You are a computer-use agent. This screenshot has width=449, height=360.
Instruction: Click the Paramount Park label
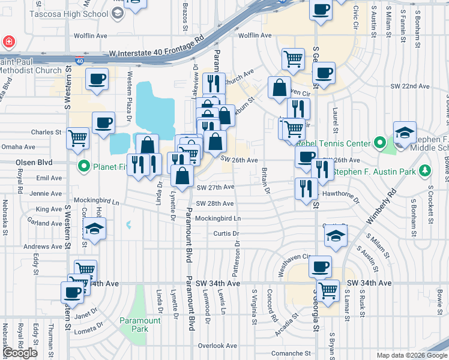coord(140,325)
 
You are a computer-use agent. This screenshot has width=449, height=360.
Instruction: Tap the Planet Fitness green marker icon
coord(84,166)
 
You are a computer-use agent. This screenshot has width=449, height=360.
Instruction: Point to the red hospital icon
coord(9,42)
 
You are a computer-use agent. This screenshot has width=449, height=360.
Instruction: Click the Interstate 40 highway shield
coord(80,61)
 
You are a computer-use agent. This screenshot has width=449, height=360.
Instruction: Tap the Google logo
coord(20,353)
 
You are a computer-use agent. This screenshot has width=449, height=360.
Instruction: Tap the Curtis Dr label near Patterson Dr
coord(226,233)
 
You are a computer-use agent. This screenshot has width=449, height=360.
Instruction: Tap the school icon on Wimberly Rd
coord(336,236)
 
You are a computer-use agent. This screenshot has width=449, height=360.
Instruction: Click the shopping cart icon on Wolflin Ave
coord(292,58)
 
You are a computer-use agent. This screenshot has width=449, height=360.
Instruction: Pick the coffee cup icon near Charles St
coord(103,122)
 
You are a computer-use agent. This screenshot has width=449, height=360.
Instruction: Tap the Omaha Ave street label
coord(18,146)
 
